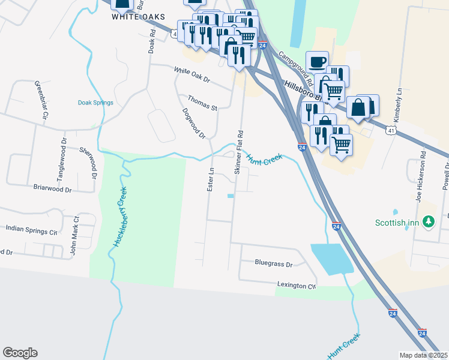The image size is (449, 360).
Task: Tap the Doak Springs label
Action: (95, 103)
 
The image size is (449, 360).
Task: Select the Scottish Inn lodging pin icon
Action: (429, 222)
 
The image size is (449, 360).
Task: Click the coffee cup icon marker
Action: (317, 61)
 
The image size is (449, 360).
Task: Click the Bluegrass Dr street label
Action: (273, 263)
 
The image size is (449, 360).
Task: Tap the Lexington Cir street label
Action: (296, 286)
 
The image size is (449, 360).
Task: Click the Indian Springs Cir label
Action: (31, 229)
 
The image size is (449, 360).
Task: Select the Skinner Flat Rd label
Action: (239, 152)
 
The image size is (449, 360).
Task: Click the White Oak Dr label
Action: (191, 74)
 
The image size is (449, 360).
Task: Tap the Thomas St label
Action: (202, 103)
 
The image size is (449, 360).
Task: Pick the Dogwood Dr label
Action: (194, 123)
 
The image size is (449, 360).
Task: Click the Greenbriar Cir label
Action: (40, 101)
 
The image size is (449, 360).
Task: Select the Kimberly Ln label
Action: (399, 101)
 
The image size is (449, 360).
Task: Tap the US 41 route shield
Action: (391, 130)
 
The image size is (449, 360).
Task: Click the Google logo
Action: (20, 353)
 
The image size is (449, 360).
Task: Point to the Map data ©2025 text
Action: (423, 355)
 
